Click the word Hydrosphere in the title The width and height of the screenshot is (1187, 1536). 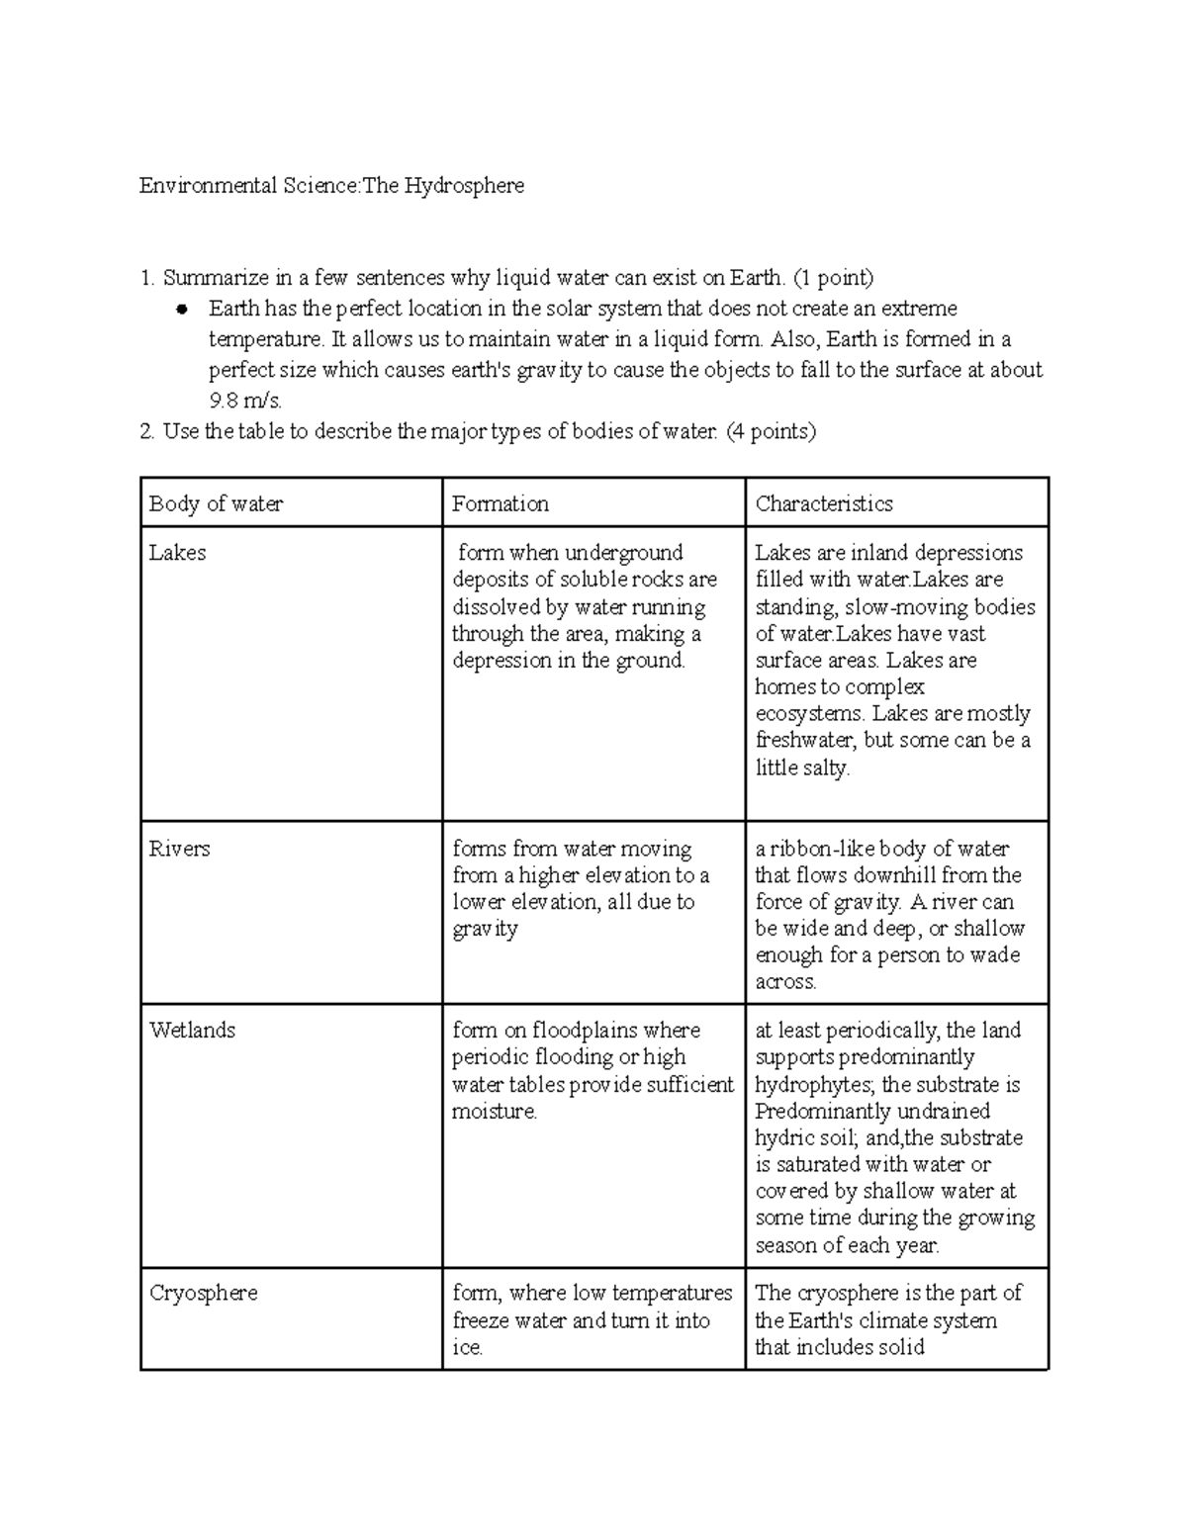(463, 186)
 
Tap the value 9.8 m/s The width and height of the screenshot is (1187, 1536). (245, 401)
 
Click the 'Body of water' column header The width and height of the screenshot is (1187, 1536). (216, 503)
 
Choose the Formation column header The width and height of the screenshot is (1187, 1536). (500, 503)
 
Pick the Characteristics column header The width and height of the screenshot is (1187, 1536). (823, 503)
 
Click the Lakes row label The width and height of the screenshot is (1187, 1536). (177, 553)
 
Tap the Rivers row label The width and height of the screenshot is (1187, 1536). (179, 849)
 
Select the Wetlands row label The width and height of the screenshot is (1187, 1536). (192, 1031)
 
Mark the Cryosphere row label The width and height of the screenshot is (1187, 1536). (203, 1294)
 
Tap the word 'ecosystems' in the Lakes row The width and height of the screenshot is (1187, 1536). (808, 714)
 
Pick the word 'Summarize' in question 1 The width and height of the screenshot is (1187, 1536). (211, 278)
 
